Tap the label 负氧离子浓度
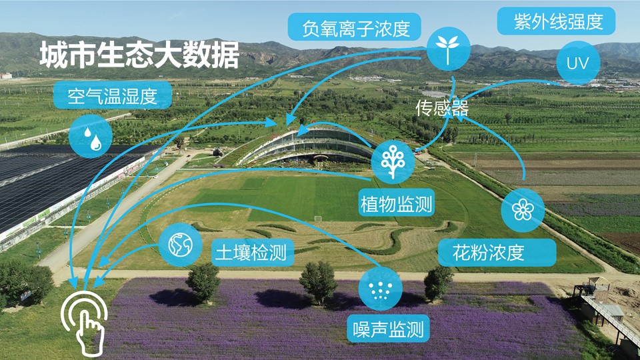pos(354,27)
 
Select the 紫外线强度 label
pos(556,21)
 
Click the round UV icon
pos(578,63)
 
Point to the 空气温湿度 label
pos(112,95)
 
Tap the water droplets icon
pos(91,136)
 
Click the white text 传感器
pos(442,108)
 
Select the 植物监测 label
pos(396,202)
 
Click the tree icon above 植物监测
pos(393,162)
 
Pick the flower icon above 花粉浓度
pos(523,210)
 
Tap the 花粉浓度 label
pos(497,253)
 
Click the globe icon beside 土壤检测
pos(180,245)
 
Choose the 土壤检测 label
pos(253,253)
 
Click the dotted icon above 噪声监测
pos(381,289)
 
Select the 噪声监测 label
pos(388,329)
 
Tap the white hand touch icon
pos(85,323)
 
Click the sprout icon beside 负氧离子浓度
pos(448,49)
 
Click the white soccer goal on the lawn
pos(317,219)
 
